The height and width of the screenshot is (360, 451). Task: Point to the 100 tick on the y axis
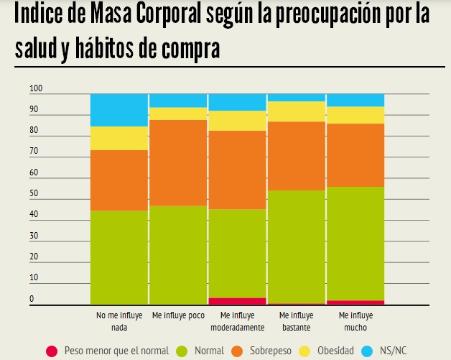point(37,89)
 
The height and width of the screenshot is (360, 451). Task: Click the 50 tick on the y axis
point(34,194)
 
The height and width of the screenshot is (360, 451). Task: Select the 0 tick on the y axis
point(32,299)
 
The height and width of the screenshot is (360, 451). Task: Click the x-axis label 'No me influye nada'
point(118,320)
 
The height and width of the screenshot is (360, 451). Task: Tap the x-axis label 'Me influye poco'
point(177,315)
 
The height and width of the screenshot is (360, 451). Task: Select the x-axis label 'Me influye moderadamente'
point(237,320)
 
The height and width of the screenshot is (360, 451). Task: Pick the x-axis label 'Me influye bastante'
point(296,320)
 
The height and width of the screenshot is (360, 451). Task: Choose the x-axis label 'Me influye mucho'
point(355,320)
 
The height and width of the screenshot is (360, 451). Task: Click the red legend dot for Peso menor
point(51,351)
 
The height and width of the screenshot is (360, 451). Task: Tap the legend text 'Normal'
point(209,351)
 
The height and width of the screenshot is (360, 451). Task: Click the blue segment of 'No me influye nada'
point(118,109)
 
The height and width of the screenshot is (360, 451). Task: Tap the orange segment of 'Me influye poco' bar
point(177,162)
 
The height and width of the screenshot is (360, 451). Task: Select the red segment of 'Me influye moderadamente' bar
point(237,301)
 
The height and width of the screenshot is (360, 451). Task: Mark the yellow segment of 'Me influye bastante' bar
point(296,111)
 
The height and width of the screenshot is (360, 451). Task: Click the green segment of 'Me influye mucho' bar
point(355,243)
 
